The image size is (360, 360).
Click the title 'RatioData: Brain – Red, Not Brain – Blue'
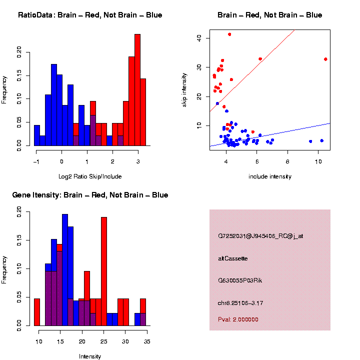coord(90,15)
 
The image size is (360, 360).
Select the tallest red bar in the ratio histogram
coord(137,90)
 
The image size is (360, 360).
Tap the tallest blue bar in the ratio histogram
coord(54,105)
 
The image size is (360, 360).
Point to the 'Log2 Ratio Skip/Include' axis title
coord(90,176)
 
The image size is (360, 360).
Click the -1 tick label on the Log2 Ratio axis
coord(36,161)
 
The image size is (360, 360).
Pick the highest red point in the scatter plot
coord(229,34)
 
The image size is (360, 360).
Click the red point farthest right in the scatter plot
coord(325,59)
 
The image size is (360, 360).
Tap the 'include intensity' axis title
coord(270,176)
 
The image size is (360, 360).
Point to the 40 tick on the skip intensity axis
coord(199,37)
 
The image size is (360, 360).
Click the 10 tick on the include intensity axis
coord(319,161)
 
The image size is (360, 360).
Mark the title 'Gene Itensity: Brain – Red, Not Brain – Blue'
coord(90,195)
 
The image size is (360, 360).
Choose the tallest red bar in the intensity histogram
coord(104,270)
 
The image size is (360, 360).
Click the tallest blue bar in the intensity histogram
coord(65,270)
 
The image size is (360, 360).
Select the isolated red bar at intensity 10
coord(37,312)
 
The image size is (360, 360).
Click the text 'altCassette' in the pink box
coord(233,258)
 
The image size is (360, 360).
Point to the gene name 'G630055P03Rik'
coord(240,280)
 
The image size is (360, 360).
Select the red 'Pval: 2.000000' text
coord(238,319)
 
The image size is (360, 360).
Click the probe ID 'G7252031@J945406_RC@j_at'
coord(260,235)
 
